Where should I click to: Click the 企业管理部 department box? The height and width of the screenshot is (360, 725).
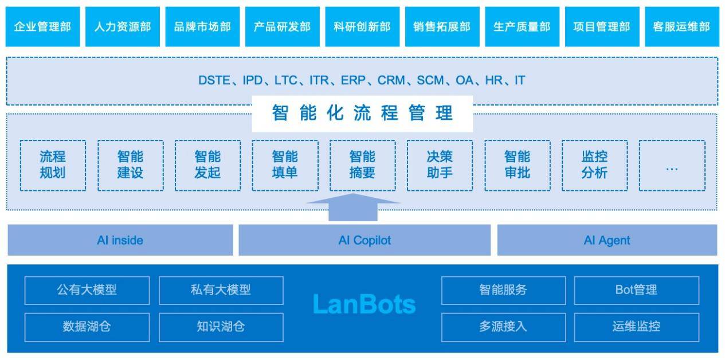tap(43, 27)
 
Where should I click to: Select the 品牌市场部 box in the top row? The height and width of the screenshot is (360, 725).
tap(202, 27)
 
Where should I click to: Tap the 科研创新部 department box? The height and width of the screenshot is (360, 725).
tap(362, 27)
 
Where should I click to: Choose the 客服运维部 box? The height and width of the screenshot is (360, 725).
tap(681, 27)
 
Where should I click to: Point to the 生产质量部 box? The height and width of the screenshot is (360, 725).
tap(522, 27)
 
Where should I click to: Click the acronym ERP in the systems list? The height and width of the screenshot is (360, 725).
tap(353, 81)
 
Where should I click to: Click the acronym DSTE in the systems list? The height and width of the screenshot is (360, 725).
tap(214, 81)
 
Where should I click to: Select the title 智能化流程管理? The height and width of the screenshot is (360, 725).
tap(362, 113)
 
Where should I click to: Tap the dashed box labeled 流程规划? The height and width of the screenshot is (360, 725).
tap(53, 165)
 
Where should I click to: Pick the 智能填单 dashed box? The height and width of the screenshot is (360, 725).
tap(285, 165)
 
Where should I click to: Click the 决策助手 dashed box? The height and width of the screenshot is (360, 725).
tap(440, 165)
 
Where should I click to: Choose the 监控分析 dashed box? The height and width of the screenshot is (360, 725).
tap(594, 165)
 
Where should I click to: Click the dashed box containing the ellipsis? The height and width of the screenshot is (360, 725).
tap(672, 165)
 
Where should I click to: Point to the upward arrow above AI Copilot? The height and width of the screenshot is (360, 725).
tap(354, 208)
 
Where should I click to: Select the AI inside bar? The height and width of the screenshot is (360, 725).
tap(120, 240)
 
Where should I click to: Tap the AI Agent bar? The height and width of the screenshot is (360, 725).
tap(607, 240)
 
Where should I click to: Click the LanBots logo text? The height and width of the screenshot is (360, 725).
tap(364, 304)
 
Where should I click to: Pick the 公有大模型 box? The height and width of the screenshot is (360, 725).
tap(87, 290)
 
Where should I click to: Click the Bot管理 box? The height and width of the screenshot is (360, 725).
tap(636, 290)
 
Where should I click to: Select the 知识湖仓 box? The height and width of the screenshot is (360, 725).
tap(221, 327)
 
